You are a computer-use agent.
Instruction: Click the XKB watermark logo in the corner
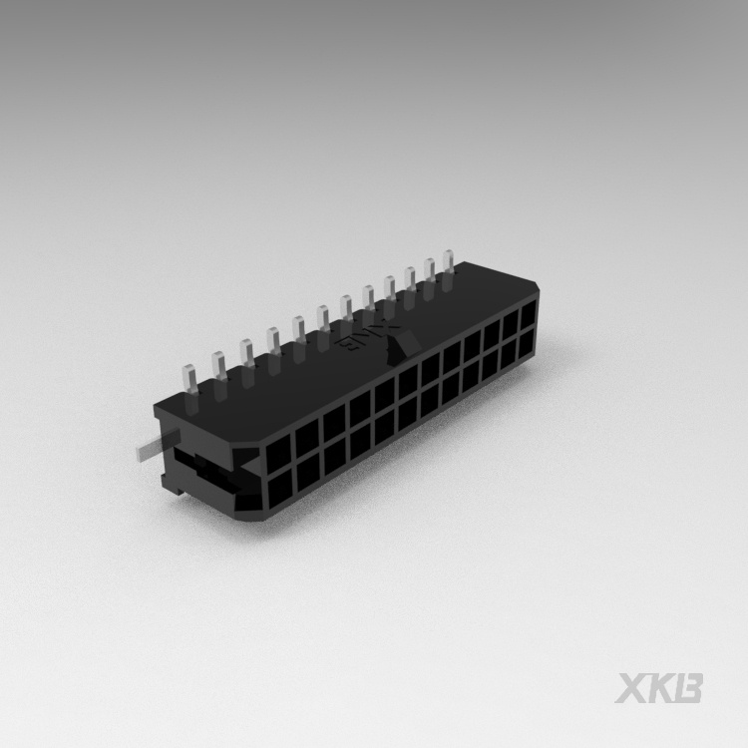pos(659,687)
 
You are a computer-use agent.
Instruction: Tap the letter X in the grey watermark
pos(631,687)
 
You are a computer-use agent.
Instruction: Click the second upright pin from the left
pos(217,370)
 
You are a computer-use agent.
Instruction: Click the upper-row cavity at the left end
pos(277,449)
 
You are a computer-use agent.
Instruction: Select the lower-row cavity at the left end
pos(279,488)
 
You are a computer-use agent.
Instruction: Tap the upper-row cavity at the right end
pos(529,314)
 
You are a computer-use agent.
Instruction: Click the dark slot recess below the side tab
pos(204,479)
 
